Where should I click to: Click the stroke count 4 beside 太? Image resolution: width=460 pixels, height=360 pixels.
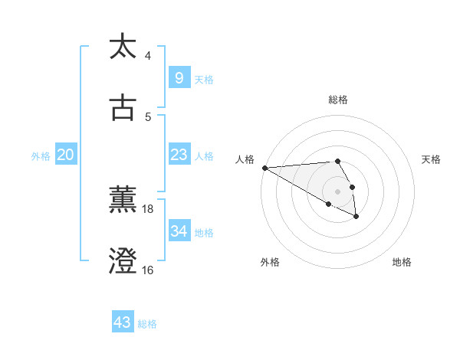click(x=148, y=56)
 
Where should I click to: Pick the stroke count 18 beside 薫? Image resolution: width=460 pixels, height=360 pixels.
click(x=148, y=208)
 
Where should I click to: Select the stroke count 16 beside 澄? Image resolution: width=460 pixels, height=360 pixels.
click(x=148, y=270)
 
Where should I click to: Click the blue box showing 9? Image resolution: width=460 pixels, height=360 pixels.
click(x=179, y=77)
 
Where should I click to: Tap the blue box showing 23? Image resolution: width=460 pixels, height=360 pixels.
click(x=179, y=155)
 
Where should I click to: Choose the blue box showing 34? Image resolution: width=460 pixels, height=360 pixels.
click(x=179, y=231)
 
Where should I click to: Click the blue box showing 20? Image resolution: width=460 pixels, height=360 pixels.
click(x=65, y=155)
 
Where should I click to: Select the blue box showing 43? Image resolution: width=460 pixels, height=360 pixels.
click(x=122, y=322)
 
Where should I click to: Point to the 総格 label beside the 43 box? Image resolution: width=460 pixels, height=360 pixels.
click(x=147, y=324)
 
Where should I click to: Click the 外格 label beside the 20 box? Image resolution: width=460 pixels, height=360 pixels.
click(x=41, y=156)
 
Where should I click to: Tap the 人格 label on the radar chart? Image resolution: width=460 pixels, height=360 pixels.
click(x=244, y=159)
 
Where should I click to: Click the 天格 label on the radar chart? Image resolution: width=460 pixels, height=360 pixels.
click(x=431, y=159)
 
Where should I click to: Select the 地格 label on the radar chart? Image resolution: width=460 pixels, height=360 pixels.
click(x=402, y=262)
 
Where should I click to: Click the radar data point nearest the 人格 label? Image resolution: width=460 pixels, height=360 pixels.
click(x=264, y=168)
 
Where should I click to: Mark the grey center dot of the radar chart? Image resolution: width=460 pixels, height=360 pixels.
click(x=337, y=191)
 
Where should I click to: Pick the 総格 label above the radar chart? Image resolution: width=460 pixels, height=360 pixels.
click(x=337, y=100)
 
